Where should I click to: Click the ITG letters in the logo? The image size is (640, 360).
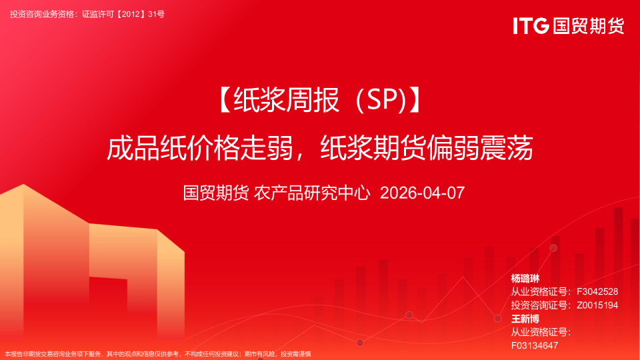click(530, 25)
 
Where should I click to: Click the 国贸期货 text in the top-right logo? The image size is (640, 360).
click(587, 25)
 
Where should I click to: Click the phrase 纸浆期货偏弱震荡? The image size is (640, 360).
click(427, 147)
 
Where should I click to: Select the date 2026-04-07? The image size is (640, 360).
click(421, 193)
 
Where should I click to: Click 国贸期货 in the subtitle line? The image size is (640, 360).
click(216, 193)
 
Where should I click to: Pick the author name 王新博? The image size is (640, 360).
click(525, 319)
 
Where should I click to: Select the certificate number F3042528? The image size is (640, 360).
click(597, 292)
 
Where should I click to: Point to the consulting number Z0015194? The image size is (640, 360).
click(597, 305)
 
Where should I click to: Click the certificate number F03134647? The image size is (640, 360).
click(535, 345)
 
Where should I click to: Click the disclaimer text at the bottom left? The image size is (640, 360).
click(157, 354)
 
